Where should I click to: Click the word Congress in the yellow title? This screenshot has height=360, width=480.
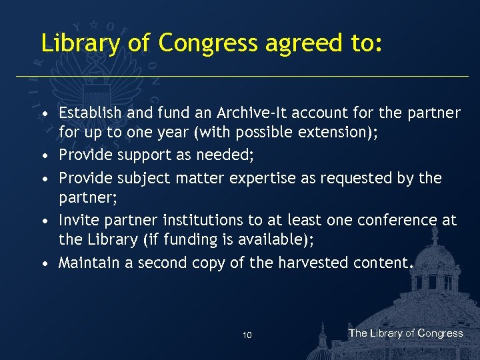pyautogui.click(x=207, y=43)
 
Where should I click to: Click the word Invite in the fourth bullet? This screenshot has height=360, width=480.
pyautogui.click(x=76, y=220)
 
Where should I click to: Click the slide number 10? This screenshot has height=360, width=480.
pyautogui.click(x=247, y=335)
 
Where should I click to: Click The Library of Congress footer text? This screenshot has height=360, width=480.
pyautogui.click(x=405, y=333)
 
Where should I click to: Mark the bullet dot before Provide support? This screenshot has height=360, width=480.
pyautogui.click(x=45, y=156)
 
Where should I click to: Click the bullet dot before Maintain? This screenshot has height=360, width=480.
pyautogui.click(x=45, y=264)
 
